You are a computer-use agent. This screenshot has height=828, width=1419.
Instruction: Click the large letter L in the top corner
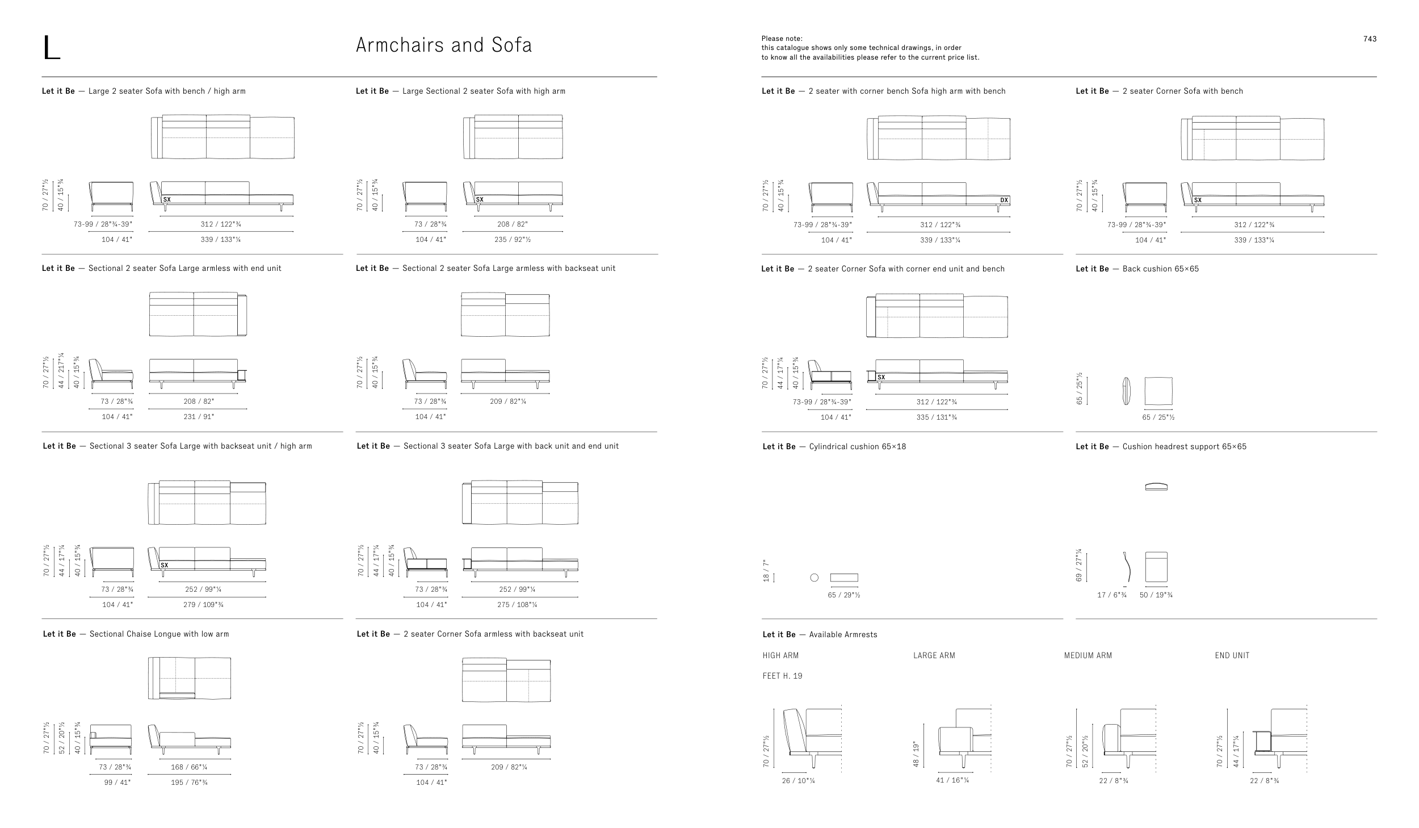(x=51, y=48)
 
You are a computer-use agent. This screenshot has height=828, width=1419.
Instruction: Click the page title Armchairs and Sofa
(x=444, y=45)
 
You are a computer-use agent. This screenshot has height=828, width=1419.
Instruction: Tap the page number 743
(x=1370, y=39)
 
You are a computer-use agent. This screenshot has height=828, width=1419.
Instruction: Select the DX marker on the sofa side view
(x=1004, y=200)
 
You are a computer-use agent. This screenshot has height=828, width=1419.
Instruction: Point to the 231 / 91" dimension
(x=198, y=417)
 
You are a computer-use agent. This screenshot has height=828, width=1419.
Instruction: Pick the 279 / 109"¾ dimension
(x=203, y=605)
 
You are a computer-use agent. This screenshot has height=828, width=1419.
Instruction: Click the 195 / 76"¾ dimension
(x=189, y=783)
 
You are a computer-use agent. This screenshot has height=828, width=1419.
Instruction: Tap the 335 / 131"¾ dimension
(x=937, y=417)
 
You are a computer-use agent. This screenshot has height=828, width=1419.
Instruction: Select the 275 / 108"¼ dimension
(x=517, y=605)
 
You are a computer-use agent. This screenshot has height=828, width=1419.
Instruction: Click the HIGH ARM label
(x=780, y=655)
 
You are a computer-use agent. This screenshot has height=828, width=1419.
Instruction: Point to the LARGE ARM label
(x=934, y=655)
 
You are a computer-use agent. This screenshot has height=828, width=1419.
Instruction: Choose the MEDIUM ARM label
(x=1088, y=655)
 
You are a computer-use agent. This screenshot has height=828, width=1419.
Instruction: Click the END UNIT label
(x=1232, y=655)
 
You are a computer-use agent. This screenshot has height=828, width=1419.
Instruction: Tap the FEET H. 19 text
(x=782, y=676)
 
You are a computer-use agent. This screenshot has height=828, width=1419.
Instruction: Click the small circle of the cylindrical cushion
(x=815, y=578)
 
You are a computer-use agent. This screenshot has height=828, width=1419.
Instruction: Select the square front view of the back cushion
(x=1158, y=391)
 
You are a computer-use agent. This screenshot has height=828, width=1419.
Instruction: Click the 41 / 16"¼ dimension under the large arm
(x=952, y=780)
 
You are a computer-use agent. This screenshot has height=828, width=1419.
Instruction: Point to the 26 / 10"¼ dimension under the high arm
(x=798, y=781)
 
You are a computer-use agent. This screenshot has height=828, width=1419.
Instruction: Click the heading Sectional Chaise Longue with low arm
(x=136, y=634)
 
